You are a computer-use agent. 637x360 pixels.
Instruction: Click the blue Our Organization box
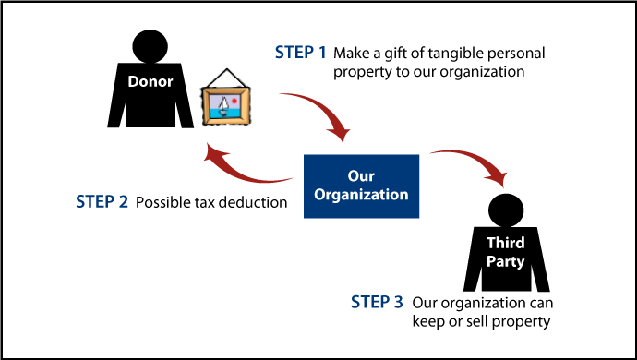tap(361, 185)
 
